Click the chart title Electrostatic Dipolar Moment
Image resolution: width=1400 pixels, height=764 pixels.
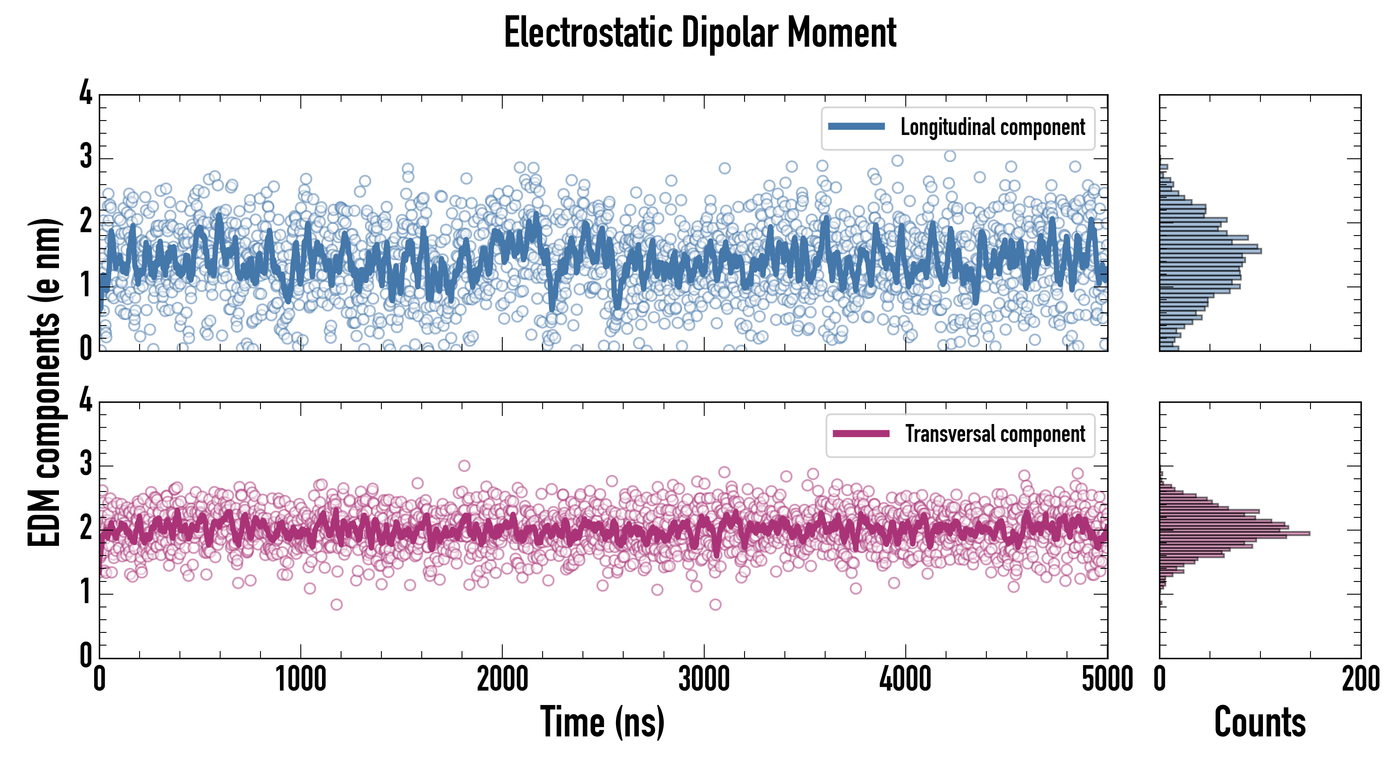(x=700, y=33)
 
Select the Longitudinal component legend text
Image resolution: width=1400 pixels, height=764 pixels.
(x=992, y=127)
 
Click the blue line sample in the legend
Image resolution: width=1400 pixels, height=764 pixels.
(x=857, y=127)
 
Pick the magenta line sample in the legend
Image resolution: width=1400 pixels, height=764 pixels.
(x=861, y=433)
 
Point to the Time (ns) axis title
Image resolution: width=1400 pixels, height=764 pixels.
(x=602, y=722)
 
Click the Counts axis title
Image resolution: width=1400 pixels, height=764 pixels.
(x=1260, y=722)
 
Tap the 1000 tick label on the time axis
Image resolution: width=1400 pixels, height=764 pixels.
(x=300, y=680)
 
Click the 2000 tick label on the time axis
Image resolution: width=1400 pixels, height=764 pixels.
(x=502, y=680)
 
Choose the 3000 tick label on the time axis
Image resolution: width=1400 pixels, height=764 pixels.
(x=704, y=680)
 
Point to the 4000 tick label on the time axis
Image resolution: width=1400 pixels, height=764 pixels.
(x=905, y=680)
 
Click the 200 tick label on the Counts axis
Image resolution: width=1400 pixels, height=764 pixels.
(x=1360, y=680)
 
